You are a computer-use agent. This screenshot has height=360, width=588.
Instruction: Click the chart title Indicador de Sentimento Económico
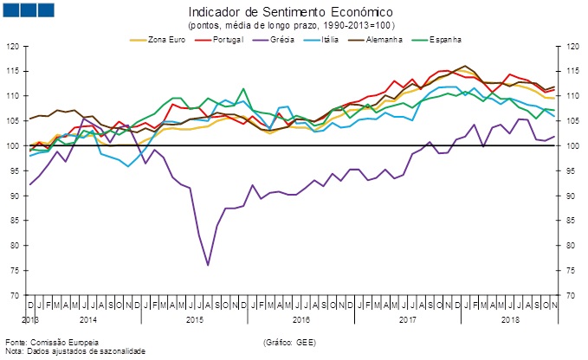click(290, 13)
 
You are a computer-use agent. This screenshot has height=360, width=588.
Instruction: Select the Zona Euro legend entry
click(165, 40)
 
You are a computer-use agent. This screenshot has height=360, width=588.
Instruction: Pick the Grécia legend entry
click(280, 40)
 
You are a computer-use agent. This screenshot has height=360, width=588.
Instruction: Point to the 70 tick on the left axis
click(16, 296)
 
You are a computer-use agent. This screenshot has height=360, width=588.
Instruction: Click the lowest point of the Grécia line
click(208, 265)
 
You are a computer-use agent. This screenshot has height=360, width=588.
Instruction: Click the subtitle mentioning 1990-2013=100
click(290, 26)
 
